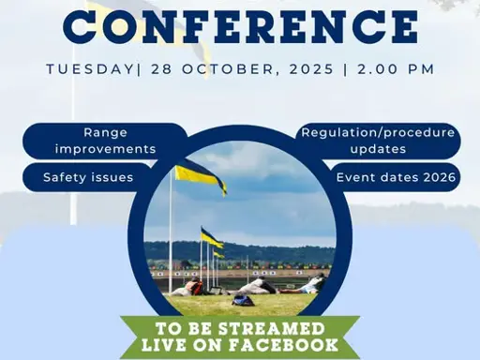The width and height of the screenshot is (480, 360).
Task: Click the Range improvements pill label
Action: pyautogui.click(x=105, y=142)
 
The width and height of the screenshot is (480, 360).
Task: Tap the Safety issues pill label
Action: pyautogui.click(x=88, y=176)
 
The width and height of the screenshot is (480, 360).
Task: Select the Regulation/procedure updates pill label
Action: pyautogui.click(x=377, y=142)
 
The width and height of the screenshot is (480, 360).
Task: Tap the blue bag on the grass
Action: pyautogui.click(x=243, y=300)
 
